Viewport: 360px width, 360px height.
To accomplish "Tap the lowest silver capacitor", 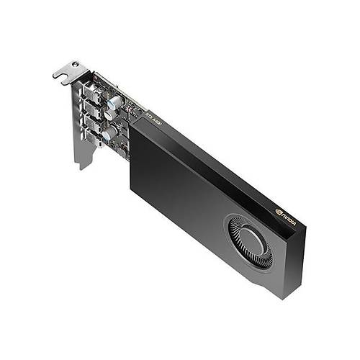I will [x=109, y=133].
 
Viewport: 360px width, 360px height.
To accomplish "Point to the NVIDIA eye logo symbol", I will [x=278, y=211].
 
